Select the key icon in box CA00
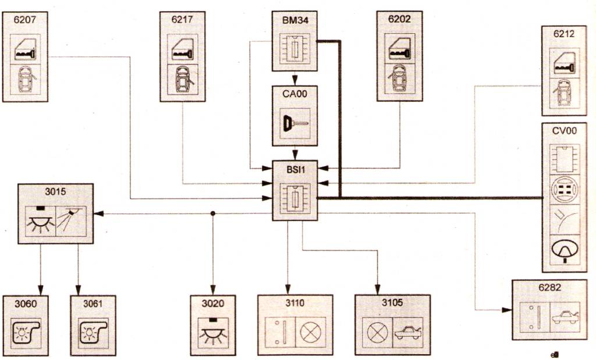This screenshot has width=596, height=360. click(x=295, y=124)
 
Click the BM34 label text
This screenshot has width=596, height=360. click(x=295, y=19)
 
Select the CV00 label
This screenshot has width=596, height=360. click(x=564, y=131)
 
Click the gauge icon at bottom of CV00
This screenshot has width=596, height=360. click(x=564, y=250)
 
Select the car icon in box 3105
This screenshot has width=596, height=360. click(x=409, y=332)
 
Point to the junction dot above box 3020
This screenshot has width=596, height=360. click(x=212, y=213)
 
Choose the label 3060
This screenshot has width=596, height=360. click(x=25, y=303)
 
